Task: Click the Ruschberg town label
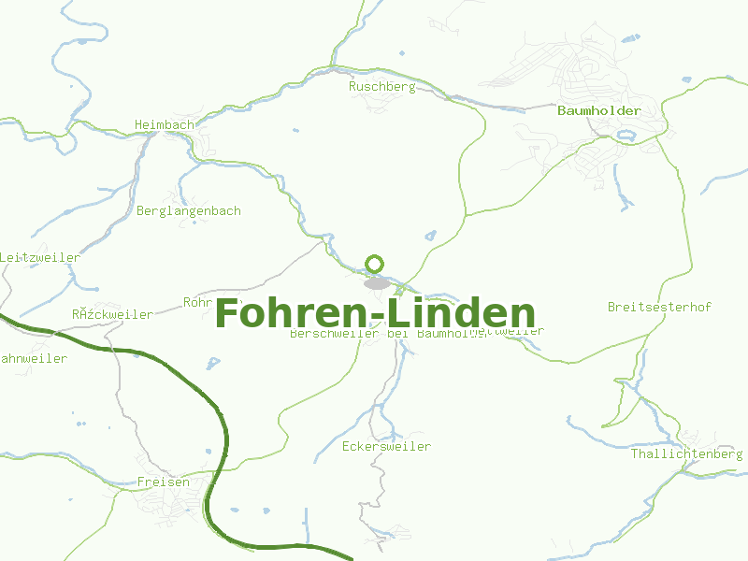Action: tap(381, 86)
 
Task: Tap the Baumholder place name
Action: tap(598, 110)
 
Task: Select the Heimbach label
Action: tap(164, 124)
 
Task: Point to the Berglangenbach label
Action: tap(188, 210)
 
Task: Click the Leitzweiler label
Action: tap(40, 257)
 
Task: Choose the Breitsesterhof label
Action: tap(659, 307)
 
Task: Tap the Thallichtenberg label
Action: tap(686, 453)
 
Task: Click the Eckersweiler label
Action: tap(386, 446)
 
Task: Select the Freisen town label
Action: tap(163, 482)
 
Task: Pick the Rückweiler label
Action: tap(112, 314)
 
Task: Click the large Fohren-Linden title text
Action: tap(375, 313)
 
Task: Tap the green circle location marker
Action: tap(375, 264)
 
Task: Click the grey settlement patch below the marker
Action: tap(377, 282)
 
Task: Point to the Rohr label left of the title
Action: tap(198, 302)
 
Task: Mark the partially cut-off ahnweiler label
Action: tap(34, 358)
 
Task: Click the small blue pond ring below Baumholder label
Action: tap(626, 134)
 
